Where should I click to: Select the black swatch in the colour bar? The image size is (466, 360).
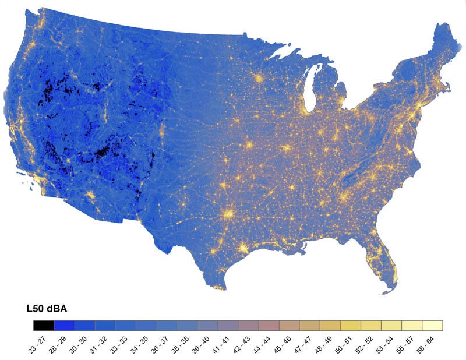point(44,325)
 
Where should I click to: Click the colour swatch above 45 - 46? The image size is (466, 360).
point(290,325)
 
